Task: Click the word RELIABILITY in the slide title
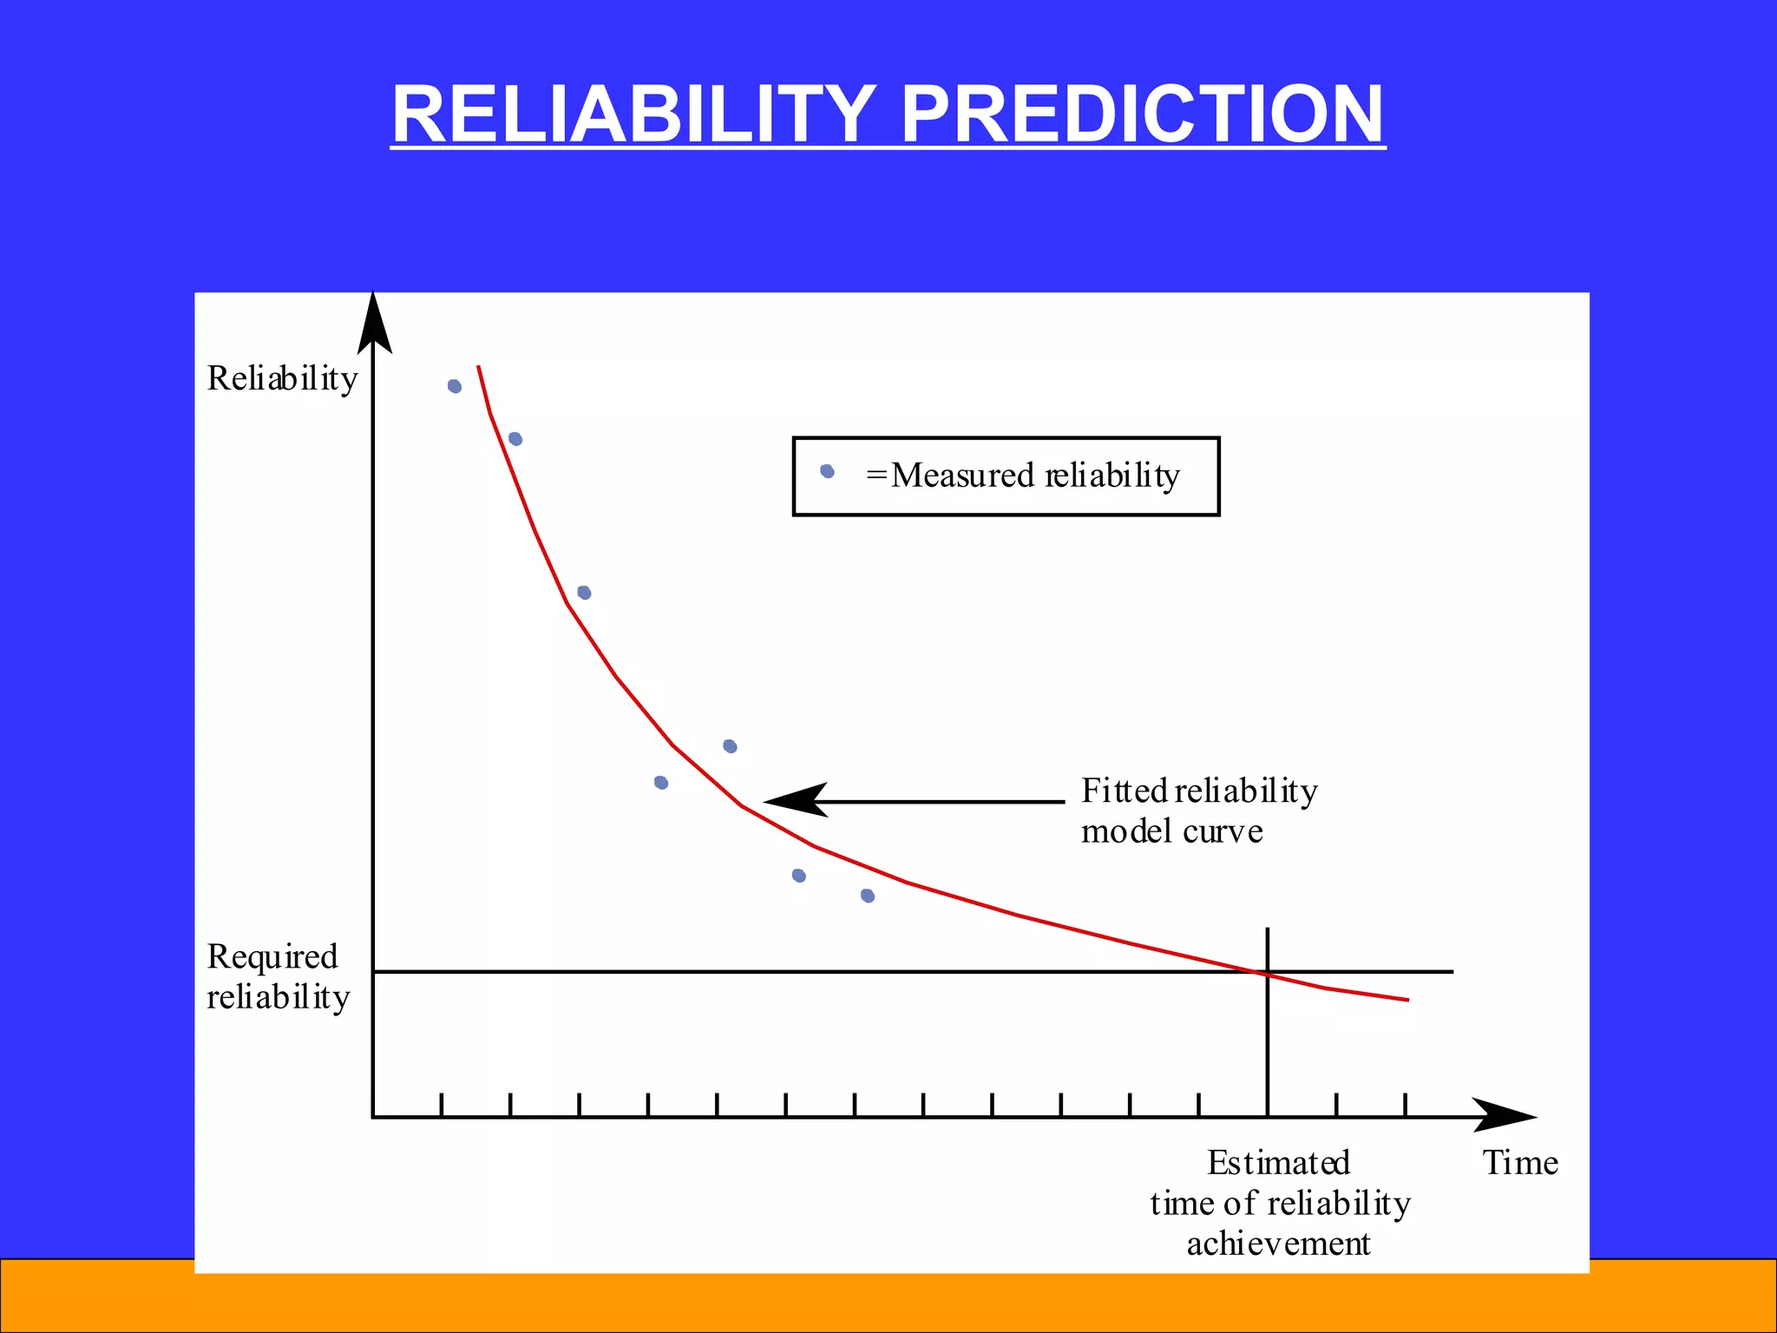coord(633,114)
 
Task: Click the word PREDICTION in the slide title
coord(1142,114)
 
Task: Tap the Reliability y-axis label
coord(282,378)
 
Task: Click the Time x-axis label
coord(1519,1163)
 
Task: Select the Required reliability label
coord(278,976)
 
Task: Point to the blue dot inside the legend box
coord(827,471)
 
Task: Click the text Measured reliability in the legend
coord(1034,476)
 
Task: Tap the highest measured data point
coord(455,386)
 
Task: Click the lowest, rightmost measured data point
coord(868,896)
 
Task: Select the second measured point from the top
coord(515,439)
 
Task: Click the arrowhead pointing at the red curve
coord(794,800)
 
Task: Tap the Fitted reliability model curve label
coord(1197,811)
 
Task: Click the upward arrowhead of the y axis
coord(374,323)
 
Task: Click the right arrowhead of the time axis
coord(1505,1116)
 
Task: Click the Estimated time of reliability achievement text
coord(1279,1203)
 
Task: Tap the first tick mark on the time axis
coord(442,1106)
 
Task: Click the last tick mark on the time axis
coord(1405,1106)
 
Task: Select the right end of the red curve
coord(1407,1000)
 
